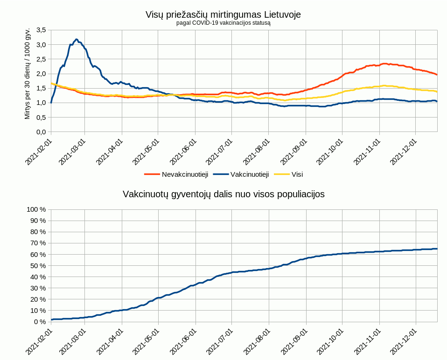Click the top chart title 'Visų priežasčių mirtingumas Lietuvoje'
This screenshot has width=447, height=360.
pyautogui.click(x=223, y=14)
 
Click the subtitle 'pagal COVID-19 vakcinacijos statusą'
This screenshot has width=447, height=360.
pyautogui.click(x=223, y=22)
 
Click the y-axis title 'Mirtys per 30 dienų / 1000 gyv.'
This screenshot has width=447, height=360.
pyautogui.click(x=28, y=73)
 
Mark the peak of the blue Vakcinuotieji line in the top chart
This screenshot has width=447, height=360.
pyautogui.click(x=77, y=40)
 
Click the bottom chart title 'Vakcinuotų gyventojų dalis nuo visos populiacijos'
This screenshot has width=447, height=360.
pyautogui.click(x=223, y=194)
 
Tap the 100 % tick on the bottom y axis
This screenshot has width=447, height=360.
pyautogui.click(x=36, y=209)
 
